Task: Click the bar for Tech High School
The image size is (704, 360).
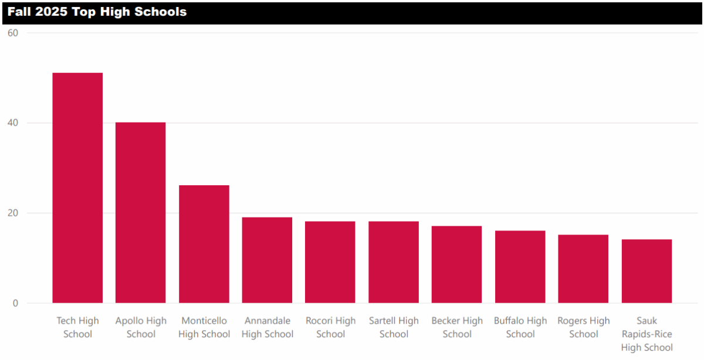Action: [x=77, y=188]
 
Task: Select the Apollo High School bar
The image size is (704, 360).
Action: [x=140, y=212]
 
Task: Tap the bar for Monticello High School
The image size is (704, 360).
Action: [x=204, y=244]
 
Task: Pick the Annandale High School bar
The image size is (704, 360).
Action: [x=267, y=260]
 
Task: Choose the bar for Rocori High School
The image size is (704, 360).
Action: [x=330, y=262]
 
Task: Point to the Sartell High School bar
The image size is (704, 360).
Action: [x=394, y=262]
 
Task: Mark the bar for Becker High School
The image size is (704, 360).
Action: [x=456, y=264]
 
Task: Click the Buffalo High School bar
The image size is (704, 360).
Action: [x=520, y=267]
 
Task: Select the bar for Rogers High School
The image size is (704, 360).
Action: [x=583, y=269]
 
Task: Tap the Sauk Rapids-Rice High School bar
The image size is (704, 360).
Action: [x=647, y=271]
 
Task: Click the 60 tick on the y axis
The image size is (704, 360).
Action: [x=13, y=33]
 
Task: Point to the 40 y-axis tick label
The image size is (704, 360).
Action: [x=13, y=123]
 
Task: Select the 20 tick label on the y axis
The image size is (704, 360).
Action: [x=13, y=213]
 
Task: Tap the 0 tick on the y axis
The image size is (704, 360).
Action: [x=15, y=304]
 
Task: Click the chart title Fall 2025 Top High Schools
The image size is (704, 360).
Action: [x=97, y=12]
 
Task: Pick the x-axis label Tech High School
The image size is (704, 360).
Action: [x=77, y=327]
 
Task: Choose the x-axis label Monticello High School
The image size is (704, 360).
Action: [x=204, y=327]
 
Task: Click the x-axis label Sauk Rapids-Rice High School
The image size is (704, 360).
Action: [x=647, y=334]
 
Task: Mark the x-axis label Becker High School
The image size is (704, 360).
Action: [x=457, y=327]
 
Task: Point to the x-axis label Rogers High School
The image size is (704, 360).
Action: [x=584, y=327]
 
